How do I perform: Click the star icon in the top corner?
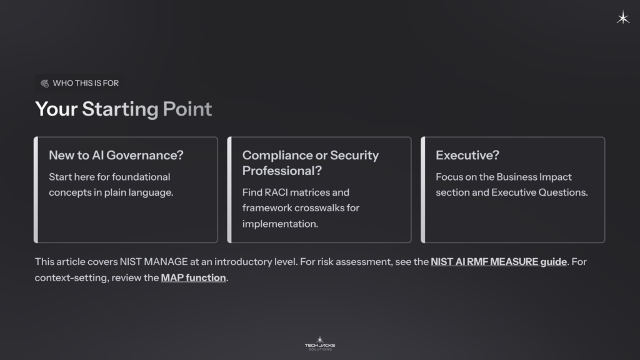[x=623, y=18]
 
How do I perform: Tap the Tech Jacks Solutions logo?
[x=319, y=343]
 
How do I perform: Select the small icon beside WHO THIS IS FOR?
[x=45, y=83]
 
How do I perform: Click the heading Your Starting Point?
[x=123, y=109]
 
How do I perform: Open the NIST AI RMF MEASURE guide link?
[x=498, y=261]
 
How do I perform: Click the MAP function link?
[x=193, y=277]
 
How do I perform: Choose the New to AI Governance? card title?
[x=116, y=155]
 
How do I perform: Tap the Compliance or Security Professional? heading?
[x=311, y=162]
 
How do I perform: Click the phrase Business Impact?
[x=539, y=177]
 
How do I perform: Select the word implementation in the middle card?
[x=280, y=223]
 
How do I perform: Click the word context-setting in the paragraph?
[x=71, y=277]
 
